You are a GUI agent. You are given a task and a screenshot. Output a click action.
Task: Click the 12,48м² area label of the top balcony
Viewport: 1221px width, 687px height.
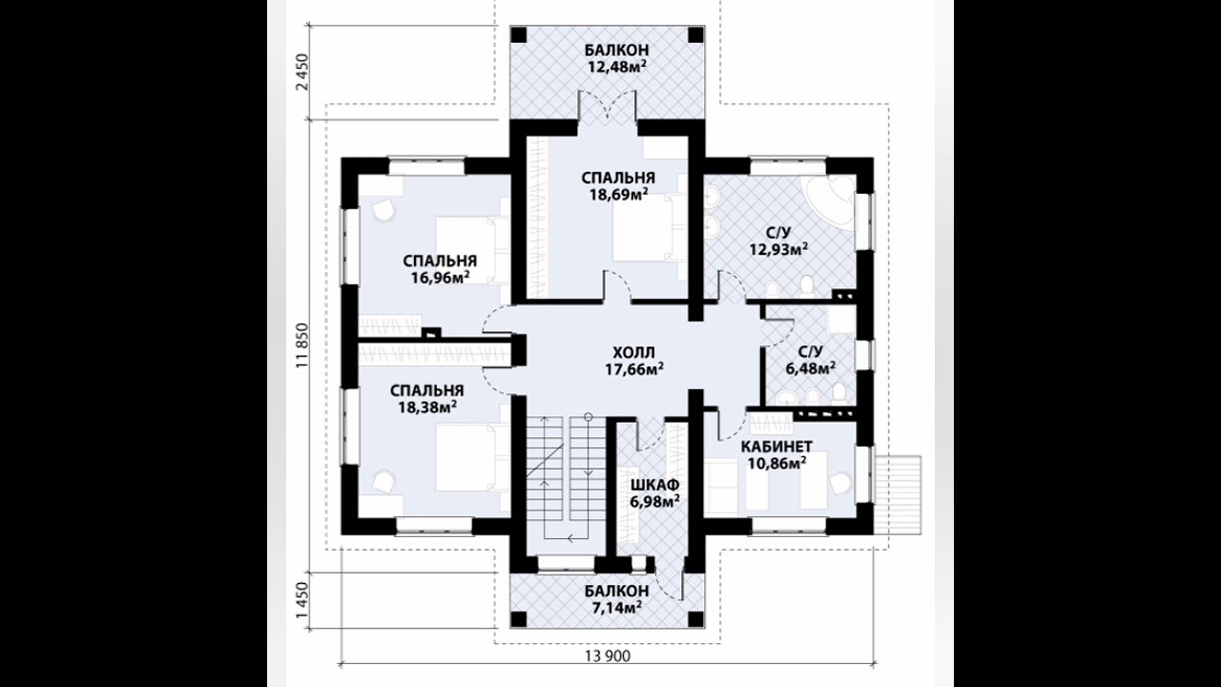point(617,67)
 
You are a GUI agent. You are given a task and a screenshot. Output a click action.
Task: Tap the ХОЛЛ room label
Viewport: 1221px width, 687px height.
point(634,352)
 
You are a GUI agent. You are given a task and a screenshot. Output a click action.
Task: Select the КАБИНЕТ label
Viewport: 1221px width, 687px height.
point(776,447)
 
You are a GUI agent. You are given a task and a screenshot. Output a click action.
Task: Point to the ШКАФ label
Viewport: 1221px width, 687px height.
point(654,485)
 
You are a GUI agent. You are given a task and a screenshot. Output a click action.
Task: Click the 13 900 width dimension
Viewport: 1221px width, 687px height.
point(608,656)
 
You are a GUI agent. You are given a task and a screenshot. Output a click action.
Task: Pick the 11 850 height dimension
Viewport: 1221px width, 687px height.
point(302,345)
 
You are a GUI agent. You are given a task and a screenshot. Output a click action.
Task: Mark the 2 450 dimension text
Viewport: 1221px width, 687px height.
point(302,73)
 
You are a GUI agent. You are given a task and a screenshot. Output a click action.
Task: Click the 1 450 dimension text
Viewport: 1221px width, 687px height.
point(302,600)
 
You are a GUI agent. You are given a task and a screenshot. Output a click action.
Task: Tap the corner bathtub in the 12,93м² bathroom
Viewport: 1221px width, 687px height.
point(829,198)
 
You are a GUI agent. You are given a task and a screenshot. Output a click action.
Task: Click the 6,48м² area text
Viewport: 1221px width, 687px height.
point(811,368)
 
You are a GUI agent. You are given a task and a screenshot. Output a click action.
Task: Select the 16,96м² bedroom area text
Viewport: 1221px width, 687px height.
point(441,278)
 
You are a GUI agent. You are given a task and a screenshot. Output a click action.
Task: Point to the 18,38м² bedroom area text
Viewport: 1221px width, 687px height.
point(427,407)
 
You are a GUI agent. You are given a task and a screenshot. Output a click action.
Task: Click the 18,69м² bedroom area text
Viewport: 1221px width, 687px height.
point(618,195)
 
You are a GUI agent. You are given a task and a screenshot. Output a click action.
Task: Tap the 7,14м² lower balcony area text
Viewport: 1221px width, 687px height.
point(616,606)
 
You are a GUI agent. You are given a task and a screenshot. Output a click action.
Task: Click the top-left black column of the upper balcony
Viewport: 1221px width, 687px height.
point(518,35)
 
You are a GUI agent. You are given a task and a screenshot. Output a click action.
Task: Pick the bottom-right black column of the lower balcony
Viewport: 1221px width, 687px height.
point(695,619)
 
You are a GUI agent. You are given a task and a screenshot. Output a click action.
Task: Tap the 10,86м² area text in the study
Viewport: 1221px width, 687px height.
point(776,464)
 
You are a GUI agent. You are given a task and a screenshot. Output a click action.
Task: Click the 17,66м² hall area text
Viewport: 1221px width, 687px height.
point(634,369)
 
